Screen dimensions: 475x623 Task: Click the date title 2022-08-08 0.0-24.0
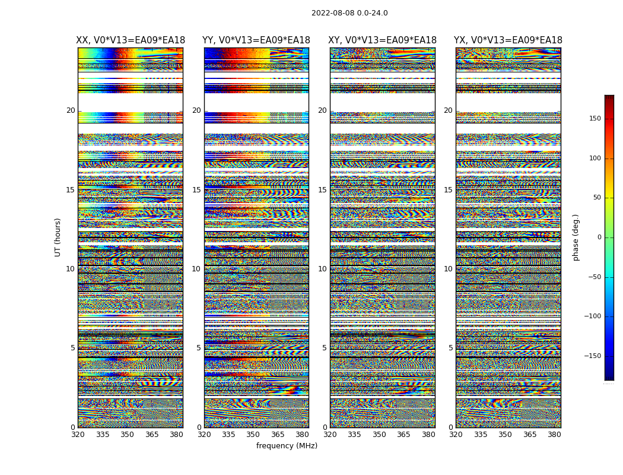349,13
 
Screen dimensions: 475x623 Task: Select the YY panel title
256,40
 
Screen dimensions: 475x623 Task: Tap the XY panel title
383,40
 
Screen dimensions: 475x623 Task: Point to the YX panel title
508,40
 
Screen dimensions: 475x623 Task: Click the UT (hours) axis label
58,237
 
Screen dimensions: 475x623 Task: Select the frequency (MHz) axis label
287,446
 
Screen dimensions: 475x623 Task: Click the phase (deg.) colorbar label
576,237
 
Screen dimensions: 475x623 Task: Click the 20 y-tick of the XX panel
71,110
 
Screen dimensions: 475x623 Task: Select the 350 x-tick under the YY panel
253,435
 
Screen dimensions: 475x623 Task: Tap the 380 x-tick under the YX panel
554,435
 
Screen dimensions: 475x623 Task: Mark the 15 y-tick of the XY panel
322,190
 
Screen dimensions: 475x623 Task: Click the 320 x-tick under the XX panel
78,435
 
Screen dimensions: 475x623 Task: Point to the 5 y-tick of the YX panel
450,348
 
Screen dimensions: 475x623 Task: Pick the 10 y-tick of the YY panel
196,269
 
